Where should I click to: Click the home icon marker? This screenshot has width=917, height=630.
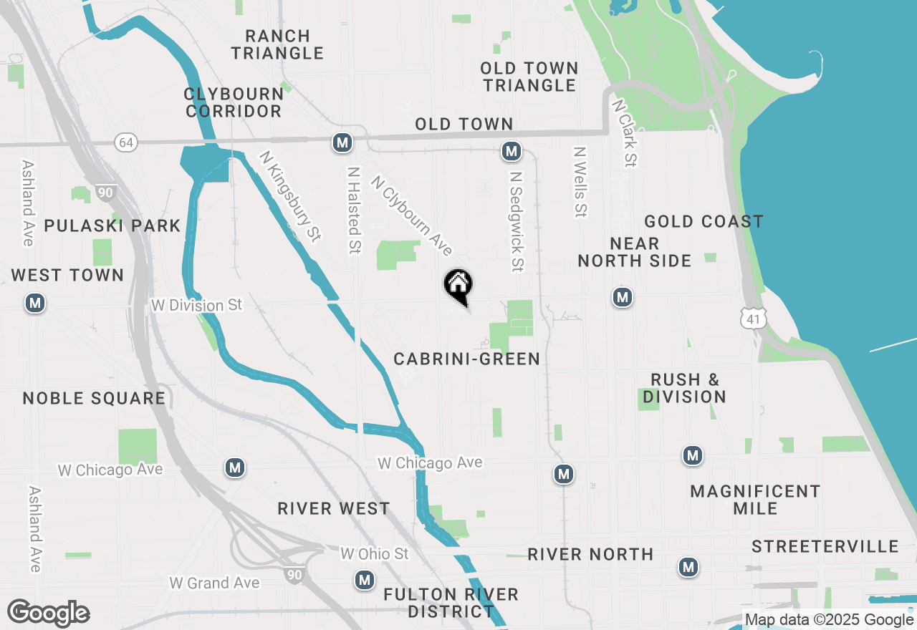click(458, 286)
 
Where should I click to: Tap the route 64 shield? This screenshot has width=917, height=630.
click(125, 143)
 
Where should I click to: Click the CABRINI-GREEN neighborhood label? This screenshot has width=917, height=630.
click(466, 359)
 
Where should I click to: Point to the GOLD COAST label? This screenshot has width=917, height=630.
click(704, 222)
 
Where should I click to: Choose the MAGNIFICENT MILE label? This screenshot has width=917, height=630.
click(755, 500)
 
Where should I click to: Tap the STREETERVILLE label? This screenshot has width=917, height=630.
click(825, 547)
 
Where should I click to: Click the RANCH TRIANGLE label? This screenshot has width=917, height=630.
click(277, 44)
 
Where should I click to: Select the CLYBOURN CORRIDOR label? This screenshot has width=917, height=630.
click(234, 102)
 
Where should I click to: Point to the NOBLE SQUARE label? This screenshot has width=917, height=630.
click(94, 399)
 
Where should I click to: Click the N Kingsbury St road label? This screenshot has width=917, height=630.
click(289, 195)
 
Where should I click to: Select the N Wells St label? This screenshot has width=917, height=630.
click(580, 182)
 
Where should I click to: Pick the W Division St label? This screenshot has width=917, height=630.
click(197, 306)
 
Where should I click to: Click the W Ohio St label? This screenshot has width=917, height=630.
click(374, 554)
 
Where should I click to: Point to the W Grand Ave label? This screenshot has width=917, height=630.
click(214, 583)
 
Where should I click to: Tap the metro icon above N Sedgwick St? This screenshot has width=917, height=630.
click(511, 151)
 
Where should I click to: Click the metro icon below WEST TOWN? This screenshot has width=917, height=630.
click(35, 304)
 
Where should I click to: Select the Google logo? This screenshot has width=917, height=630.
click(48, 614)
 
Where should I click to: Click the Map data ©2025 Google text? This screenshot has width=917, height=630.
click(830, 620)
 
